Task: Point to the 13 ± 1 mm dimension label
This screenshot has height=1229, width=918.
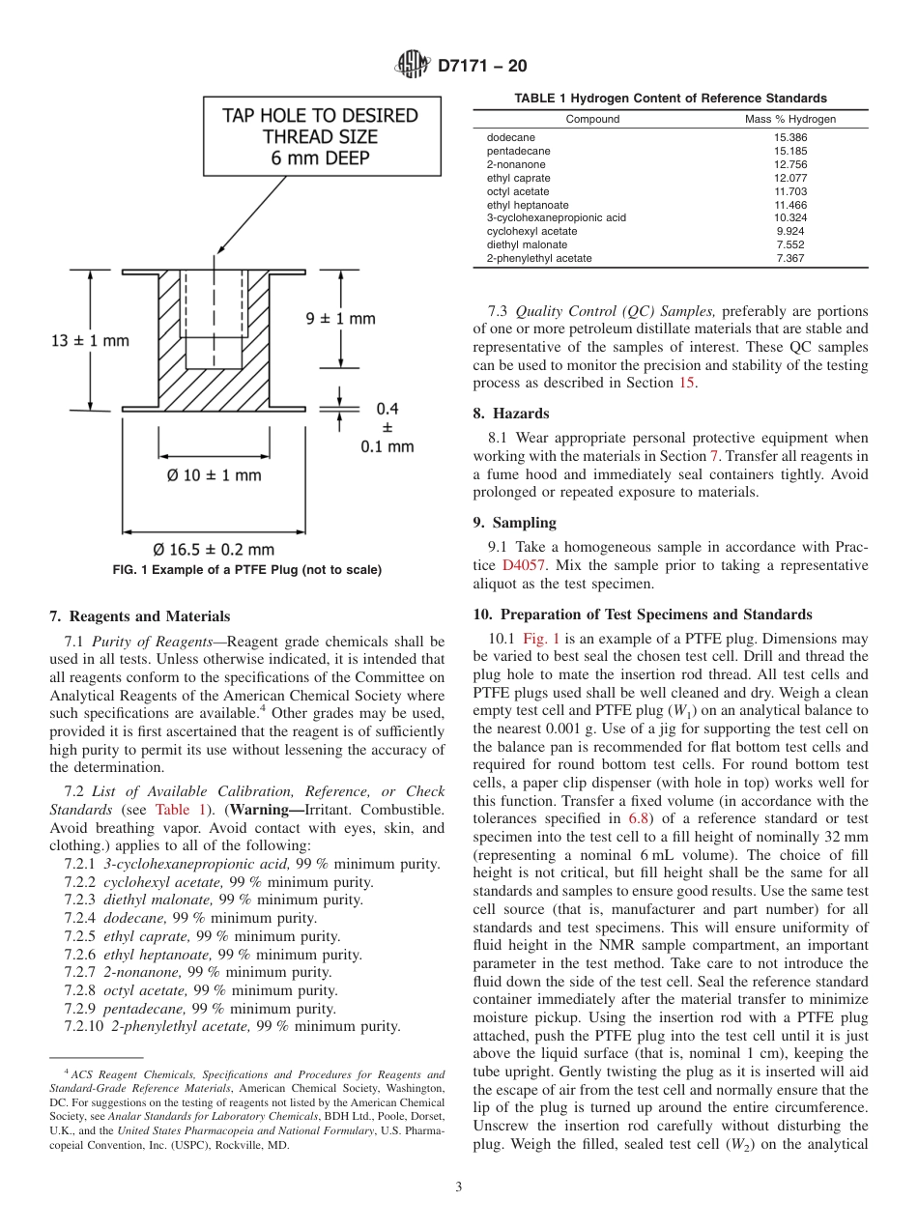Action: click(89, 340)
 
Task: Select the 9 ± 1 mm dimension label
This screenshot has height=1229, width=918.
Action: click(341, 318)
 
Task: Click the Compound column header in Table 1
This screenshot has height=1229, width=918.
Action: click(592, 120)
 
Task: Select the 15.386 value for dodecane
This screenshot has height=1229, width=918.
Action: click(790, 138)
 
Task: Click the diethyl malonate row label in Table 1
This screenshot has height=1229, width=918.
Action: click(527, 245)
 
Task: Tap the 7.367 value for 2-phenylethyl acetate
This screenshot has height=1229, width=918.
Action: click(790, 259)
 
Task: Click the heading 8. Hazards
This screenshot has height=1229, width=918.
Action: click(511, 414)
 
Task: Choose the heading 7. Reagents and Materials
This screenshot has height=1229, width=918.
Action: click(140, 616)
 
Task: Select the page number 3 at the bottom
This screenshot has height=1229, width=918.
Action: click(458, 1187)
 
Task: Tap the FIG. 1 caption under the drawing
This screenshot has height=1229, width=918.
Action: click(247, 570)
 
